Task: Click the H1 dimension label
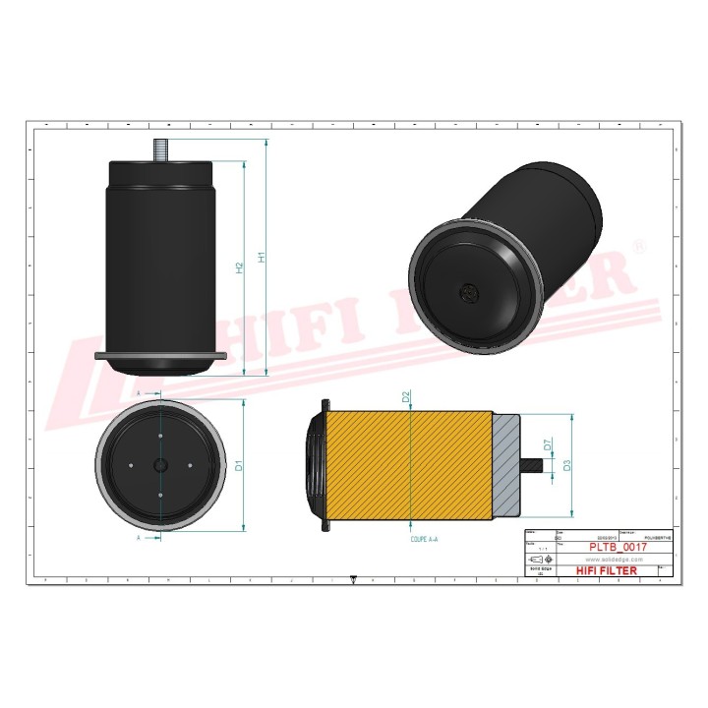click(262, 258)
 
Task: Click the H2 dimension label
click(239, 267)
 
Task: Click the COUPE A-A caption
click(425, 540)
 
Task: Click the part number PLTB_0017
click(618, 546)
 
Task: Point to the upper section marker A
click(138, 392)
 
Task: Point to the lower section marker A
click(138, 539)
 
